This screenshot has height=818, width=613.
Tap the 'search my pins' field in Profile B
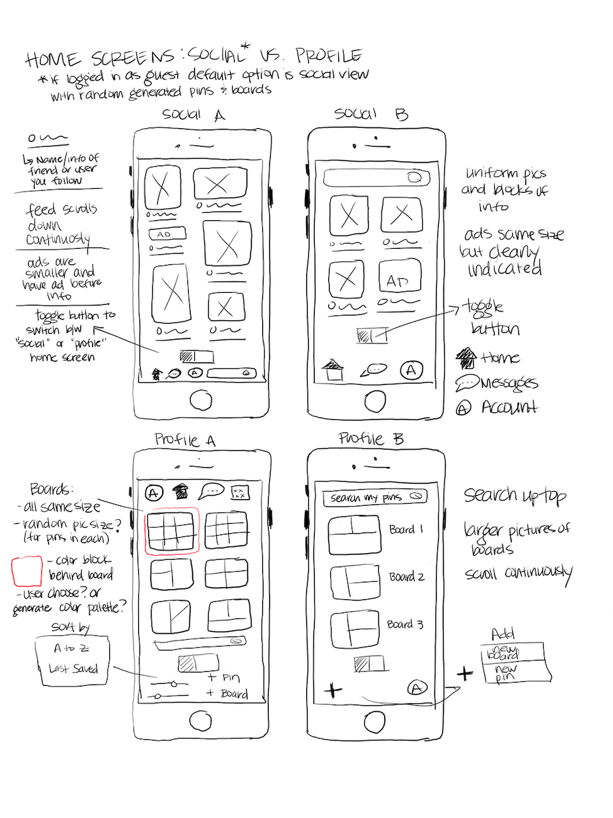click(374, 498)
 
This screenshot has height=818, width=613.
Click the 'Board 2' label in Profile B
click(407, 576)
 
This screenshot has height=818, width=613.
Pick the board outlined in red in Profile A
click(172, 531)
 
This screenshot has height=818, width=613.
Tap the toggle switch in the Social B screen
click(372, 336)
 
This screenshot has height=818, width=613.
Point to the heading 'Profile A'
click(185, 440)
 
